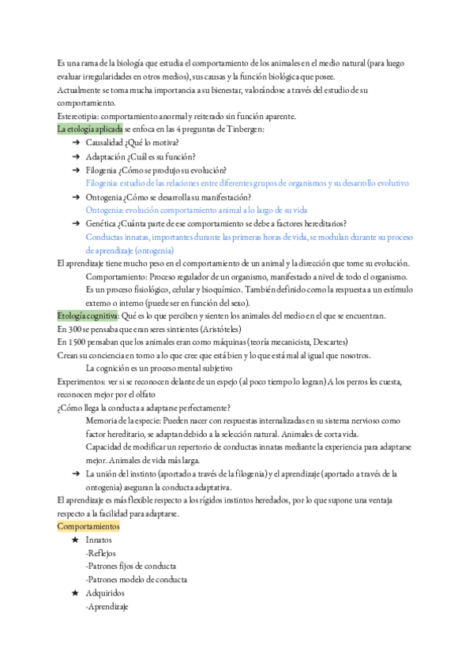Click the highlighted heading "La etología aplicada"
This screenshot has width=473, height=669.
pyautogui.click(x=90, y=129)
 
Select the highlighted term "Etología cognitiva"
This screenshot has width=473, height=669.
pyautogui.click(x=87, y=316)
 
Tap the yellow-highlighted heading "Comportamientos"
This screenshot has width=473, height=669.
pyautogui.click(x=88, y=525)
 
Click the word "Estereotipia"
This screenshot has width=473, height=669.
pyautogui.click(x=78, y=117)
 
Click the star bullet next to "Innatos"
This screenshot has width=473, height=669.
pyautogui.click(x=75, y=540)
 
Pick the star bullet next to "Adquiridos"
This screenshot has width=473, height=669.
pyautogui.click(x=75, y=592)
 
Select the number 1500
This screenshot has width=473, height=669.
pyautogui.click(x=76, y=342)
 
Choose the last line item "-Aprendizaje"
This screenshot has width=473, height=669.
pyautogui.click(x=107, y=606)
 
